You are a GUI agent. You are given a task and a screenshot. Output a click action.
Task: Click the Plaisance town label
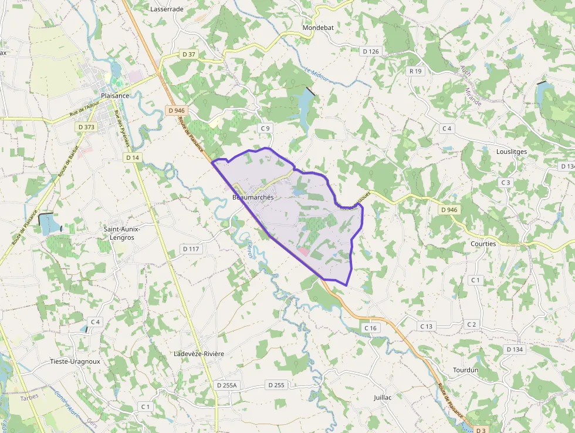coord(114,96)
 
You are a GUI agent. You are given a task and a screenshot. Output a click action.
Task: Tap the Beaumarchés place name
coord(253,197)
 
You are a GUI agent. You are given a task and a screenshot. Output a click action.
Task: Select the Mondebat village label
coord(317,28)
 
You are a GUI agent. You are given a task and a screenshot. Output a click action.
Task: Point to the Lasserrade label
coord(167,9)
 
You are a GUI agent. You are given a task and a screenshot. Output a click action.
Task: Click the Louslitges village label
coord(511,152)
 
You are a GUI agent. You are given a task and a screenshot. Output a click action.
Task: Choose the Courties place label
coord(483,244)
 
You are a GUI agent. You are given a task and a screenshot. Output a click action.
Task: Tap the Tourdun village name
coord(466,370)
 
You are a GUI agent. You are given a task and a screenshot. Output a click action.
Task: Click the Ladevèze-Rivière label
coord(199,354)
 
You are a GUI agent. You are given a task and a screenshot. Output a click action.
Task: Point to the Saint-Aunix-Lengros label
coord(119,233)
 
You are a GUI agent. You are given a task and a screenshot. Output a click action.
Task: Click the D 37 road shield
coord(188,54)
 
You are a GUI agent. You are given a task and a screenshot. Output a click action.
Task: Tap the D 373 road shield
coord(86,127)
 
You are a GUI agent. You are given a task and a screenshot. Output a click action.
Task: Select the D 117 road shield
coord(191,249)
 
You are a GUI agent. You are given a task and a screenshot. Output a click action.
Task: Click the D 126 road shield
coord(371,51)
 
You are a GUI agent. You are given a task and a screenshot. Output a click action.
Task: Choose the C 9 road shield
coord(265,128)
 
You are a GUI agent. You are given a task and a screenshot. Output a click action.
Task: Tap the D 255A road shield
coord(226,385)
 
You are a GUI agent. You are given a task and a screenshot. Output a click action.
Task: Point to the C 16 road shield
coord(370,328)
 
